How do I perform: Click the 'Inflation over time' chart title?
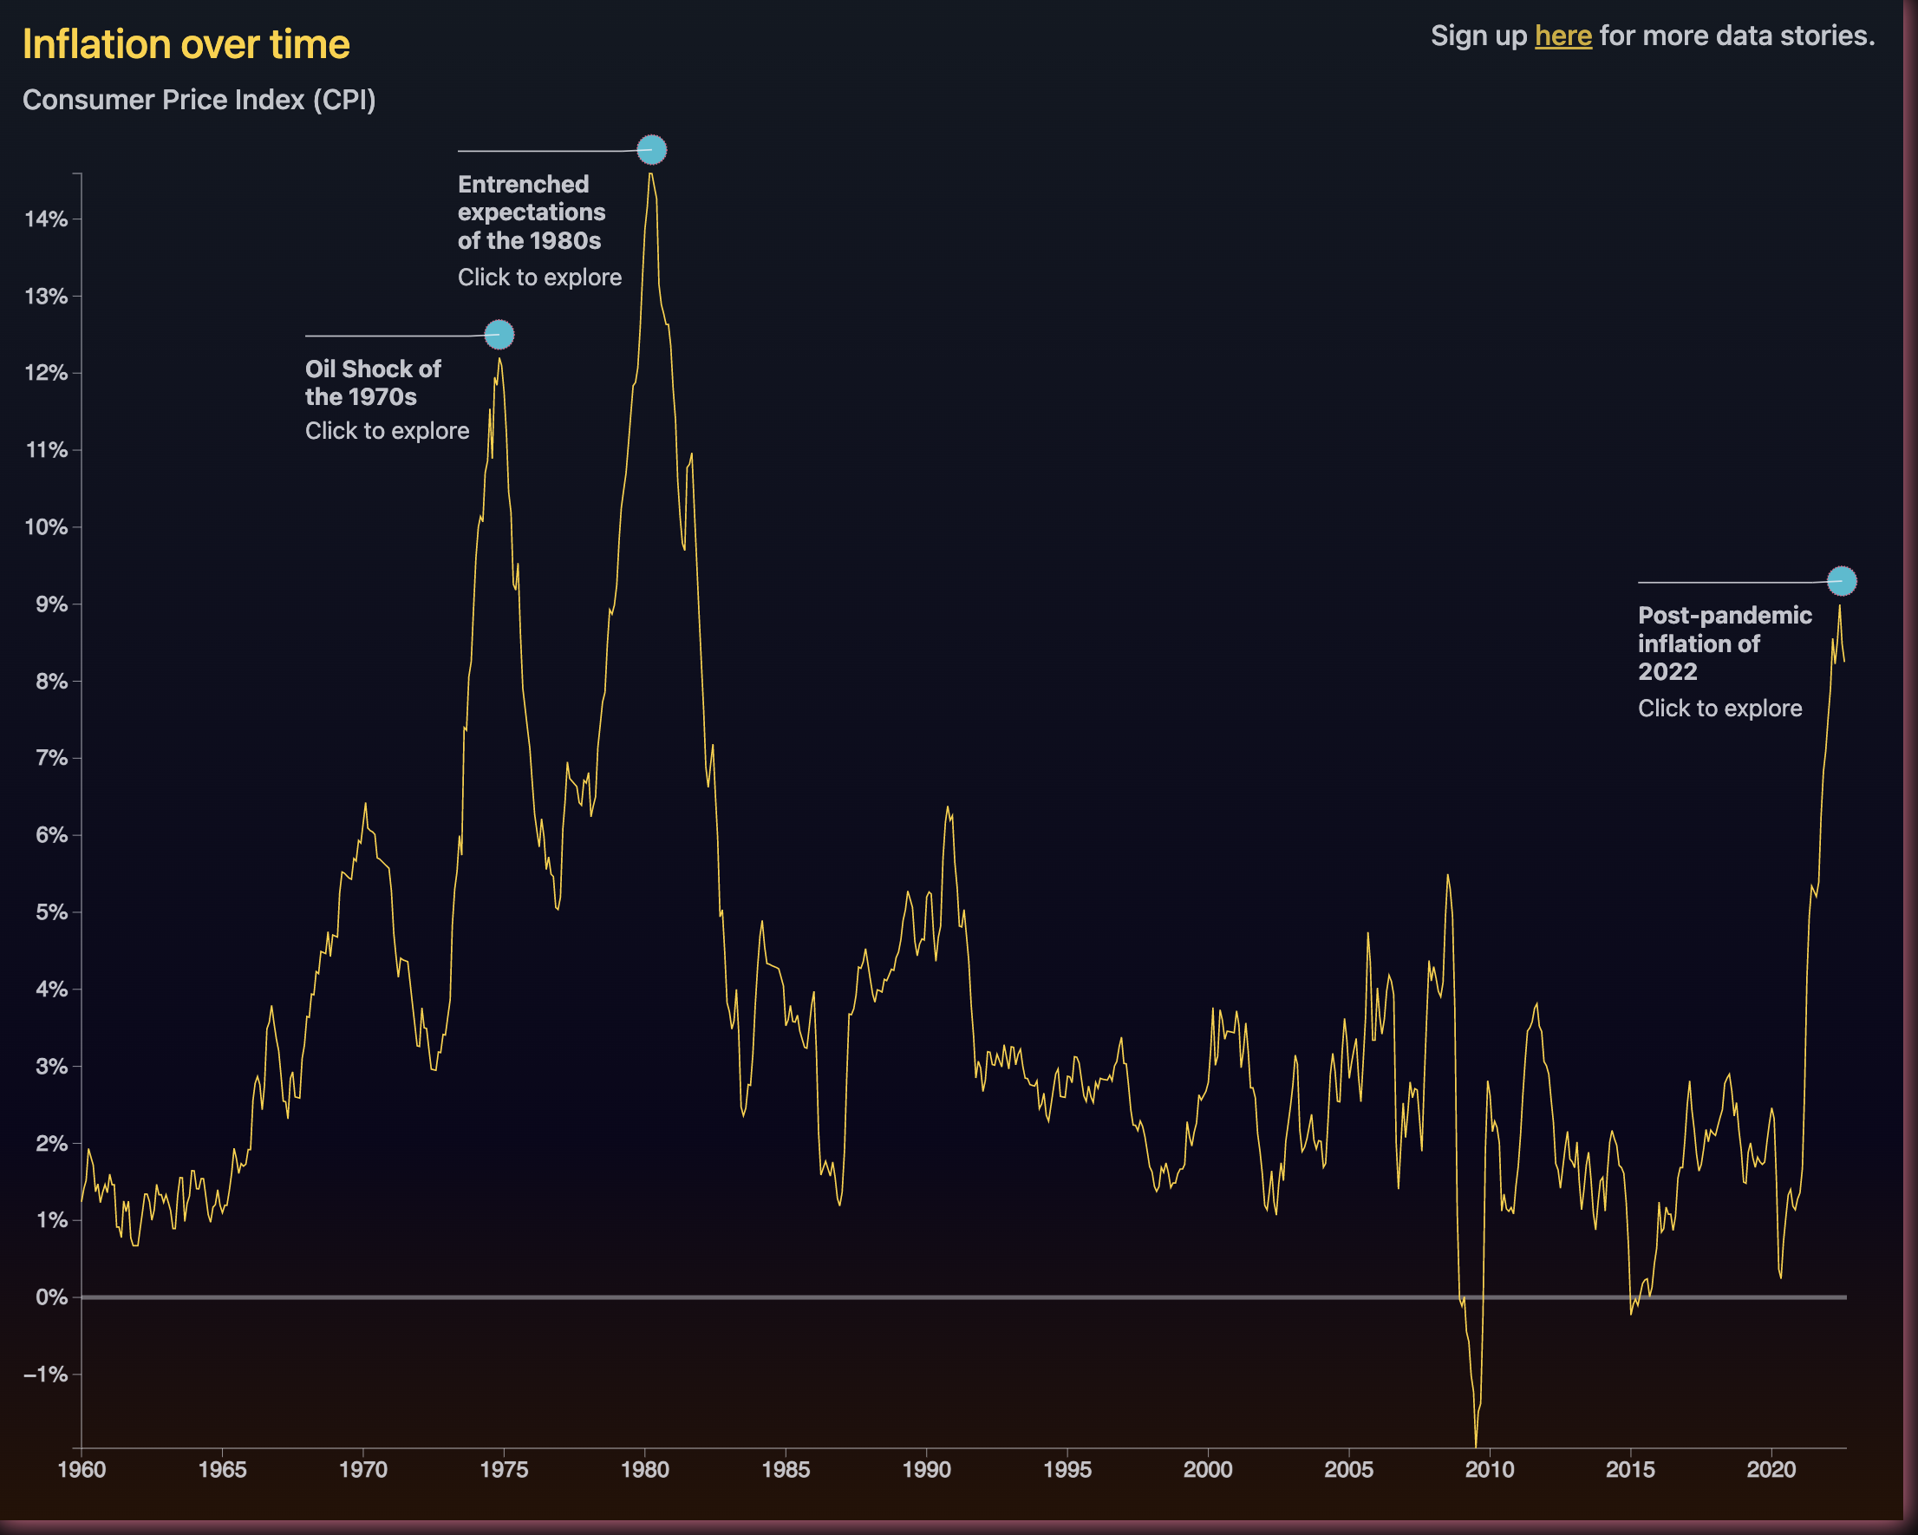pyautogui.click(x=186, y=44)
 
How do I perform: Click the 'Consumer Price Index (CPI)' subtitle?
pyautogui.click(x=199, y=100)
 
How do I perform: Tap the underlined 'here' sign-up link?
pyautogui.click(x=1563, y=36)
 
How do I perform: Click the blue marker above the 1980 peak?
pyautogui.click(x=652, y=149)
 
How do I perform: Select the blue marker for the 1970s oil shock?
pyautogui.click(x=499, y=335)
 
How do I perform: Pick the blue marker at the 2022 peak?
pyautogui.click(x=1842, y=581)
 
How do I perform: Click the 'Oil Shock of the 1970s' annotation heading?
pyautogui.click(x=373, y=382)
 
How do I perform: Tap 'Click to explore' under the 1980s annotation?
pyautogui.click(x=539, y=278)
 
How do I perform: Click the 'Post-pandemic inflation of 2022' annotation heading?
pyautogui.click(x=1724, y=643)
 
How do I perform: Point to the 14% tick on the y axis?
pyautogui.click(x=46, y=219)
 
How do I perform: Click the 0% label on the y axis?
pyautogui.click(x=52, y=1297)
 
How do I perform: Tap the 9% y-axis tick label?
pyautogui.click(x=52, y=604)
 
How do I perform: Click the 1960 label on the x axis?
pyautogui.click(x=82, y=1469)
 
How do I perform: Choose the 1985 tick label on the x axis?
pyautogui.click(x=786, y=1469)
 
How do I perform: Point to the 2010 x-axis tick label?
pyautogui.click(x=1489, y=1469)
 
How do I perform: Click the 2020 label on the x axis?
pyautogui.click(x=1771, y=1469)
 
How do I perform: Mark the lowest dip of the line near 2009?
pyautogui.click(x=1476, y=1444)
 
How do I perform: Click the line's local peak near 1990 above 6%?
pyautogui.click(x=948, y=807)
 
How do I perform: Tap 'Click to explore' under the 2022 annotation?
pyautogui.click(x=1719, y=709)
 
